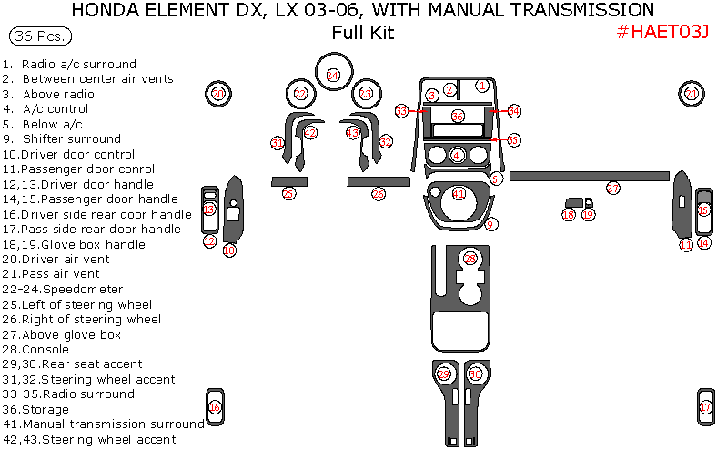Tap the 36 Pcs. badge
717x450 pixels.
point(39,37)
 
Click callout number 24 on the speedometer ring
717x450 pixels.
point(333,75)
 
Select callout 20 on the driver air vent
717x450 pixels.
point(217,94)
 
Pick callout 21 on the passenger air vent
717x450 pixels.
point(692,94)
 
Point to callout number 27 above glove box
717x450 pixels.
point(613,189)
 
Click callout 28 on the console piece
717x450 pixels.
point(470,259)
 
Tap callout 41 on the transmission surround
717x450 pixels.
point(459,194)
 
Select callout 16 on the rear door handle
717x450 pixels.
point(215,407)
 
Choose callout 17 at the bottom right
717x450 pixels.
point(705,406)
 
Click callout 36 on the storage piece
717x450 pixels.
point(458,116)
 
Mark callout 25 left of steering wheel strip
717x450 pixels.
point(288,194)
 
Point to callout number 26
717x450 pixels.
point(379,194)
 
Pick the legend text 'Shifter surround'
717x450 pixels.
point(72,139)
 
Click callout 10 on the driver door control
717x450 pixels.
point(229,250)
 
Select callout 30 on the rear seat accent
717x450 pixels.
point(475,374)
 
